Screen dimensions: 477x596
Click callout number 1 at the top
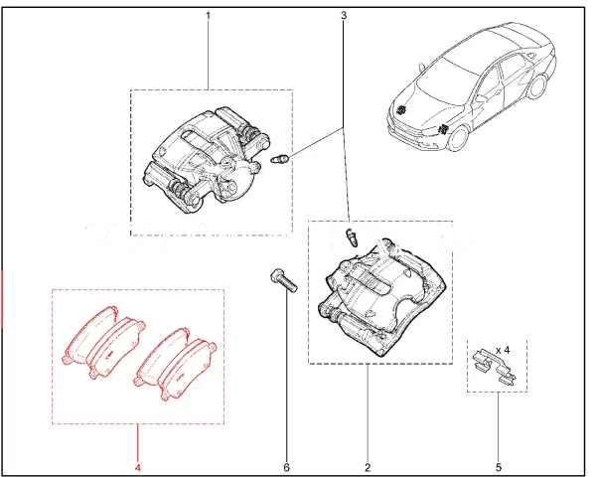tap(209, 16)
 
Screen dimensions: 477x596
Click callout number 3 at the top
tap(344, 16)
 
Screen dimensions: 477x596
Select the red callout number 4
tap(138, 466)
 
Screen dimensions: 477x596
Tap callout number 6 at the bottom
tap(287, 466)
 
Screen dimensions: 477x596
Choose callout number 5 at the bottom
tap(500, 466)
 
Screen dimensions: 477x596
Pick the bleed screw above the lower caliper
tap(350, 237)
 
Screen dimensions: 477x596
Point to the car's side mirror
tap(479, 98)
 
